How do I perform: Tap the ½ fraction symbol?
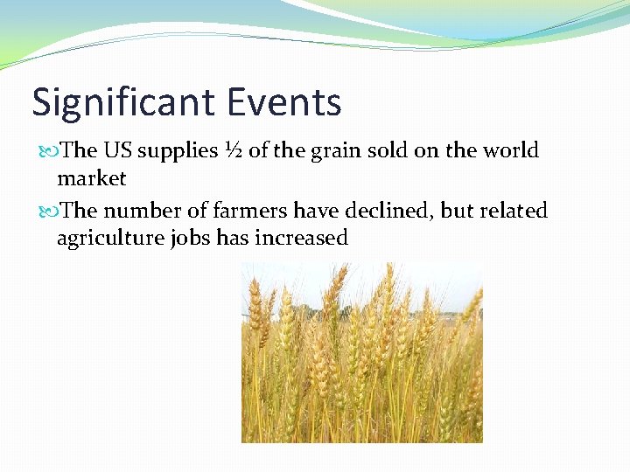point(231,151)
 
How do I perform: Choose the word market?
point(92,178)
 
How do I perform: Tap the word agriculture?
point(106,239)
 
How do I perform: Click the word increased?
point(301,238)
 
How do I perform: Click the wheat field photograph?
point(361,353)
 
